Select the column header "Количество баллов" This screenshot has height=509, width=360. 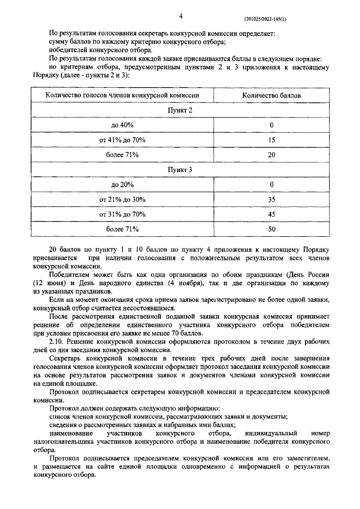click(x=271, y=96)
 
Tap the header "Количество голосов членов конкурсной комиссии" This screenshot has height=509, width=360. click(x=122, y=96)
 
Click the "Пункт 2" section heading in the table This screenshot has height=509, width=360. click(x=181, y=110)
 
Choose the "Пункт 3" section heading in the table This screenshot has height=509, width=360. click(x=181, y=169)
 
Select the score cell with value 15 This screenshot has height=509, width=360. click(x=271, y=139)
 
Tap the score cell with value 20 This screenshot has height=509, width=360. click(x=271, y=154)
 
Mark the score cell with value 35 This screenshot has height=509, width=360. click(x=271, y=199)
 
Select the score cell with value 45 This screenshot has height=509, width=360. click(x=271, y=214)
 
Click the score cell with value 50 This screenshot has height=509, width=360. click(x=271, y=229)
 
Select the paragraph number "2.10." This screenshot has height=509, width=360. click(x=57, y=341)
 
